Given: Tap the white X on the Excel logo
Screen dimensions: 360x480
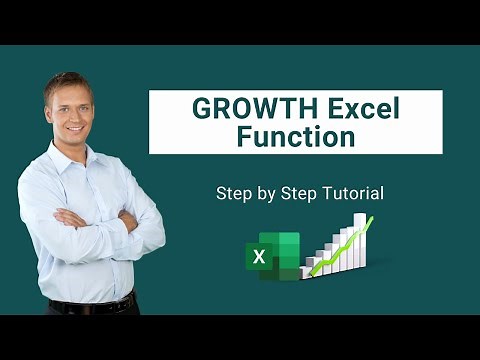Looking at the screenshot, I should [260, 256].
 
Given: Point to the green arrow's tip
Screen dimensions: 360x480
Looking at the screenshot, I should [371, 218].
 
